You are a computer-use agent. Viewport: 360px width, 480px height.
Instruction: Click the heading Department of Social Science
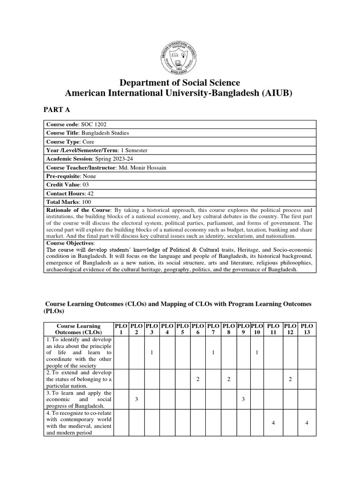180,83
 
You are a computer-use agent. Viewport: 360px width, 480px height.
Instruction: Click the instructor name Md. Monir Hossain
142,167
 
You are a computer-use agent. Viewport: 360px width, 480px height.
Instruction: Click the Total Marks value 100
87,202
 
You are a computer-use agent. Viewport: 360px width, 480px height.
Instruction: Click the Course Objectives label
70,244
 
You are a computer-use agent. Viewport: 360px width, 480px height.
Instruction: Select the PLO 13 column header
307,329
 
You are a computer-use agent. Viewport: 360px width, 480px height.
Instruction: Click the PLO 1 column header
121,329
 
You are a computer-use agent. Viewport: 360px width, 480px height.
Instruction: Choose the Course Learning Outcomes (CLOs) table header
78,329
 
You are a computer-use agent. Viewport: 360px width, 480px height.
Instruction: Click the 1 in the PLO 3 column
151,352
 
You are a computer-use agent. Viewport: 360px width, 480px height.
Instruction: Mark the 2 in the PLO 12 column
290,379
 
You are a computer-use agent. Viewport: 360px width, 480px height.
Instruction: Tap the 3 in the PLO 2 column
136,399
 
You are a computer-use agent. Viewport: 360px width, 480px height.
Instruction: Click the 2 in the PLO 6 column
197,379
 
